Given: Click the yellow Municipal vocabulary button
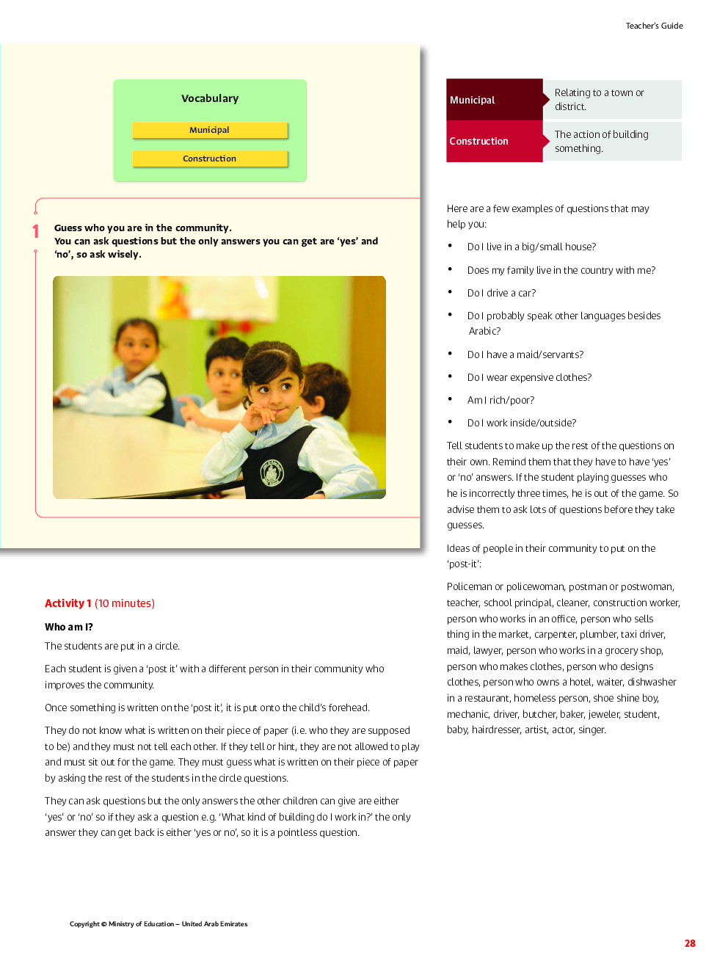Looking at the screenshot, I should (209, 130).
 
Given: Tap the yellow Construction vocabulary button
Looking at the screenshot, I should (209, 159).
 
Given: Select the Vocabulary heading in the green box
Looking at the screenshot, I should (210, 98).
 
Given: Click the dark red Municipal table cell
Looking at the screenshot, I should (494, 100).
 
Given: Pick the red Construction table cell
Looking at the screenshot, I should (494, 141).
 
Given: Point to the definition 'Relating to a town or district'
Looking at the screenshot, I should (599, 100).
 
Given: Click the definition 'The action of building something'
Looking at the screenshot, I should (601, 141).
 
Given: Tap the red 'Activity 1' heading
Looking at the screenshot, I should (68, 603).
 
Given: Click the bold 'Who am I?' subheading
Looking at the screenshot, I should (69, 627).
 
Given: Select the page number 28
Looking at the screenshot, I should (690, 943).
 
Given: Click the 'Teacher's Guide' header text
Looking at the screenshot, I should (654, 26).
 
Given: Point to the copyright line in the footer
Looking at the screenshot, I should (159, 924).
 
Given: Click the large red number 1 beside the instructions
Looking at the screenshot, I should (35, 232).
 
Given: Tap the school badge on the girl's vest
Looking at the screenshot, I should (272, 473).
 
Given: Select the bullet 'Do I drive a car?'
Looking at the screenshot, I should (501, 293).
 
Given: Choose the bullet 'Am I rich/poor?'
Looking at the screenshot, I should (500, 400).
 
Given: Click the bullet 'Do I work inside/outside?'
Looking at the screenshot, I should (521, 423).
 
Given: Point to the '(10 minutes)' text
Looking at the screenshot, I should (125, 603).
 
